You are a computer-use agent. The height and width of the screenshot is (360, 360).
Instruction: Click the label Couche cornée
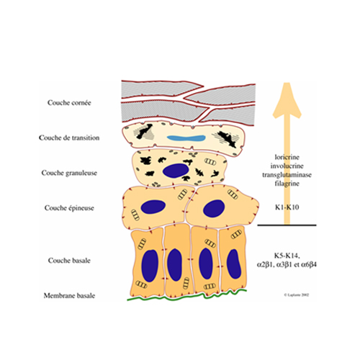(69, 103)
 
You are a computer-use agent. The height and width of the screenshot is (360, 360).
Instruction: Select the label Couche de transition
(69, 138)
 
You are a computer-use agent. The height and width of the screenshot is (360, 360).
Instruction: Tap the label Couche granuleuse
(69, 173)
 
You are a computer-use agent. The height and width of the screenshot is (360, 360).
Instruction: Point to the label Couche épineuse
(69, 208)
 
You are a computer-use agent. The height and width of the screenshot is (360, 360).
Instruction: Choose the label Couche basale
(69, 261)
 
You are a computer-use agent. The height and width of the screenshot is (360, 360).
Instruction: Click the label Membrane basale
(69, 295)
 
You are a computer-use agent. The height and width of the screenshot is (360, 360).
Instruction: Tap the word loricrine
(287, 157)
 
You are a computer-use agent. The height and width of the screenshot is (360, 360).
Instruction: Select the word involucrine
(287, 166)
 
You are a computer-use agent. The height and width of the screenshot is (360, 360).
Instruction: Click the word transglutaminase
(287, 175)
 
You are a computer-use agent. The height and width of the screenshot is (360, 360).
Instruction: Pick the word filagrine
(287, 184)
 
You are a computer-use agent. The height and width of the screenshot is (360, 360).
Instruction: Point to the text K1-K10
(287, 207)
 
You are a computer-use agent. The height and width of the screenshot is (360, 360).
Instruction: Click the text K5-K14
(287, 256)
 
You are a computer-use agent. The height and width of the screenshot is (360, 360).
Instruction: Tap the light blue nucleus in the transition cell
(186, 138)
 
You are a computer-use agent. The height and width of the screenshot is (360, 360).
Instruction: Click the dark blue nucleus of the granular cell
(176, 171)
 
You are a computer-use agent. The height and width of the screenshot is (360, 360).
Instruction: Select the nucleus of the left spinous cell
(153, 207)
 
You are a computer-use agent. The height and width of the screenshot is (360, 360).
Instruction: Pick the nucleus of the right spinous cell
(214, 209)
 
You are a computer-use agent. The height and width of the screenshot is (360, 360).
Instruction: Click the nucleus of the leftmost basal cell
(150, 266)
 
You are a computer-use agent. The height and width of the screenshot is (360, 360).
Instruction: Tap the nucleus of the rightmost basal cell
(234, 264)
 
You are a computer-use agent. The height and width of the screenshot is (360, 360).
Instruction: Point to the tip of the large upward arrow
(287, 83)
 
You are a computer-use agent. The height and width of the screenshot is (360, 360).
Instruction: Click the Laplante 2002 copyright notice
(297, 294)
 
